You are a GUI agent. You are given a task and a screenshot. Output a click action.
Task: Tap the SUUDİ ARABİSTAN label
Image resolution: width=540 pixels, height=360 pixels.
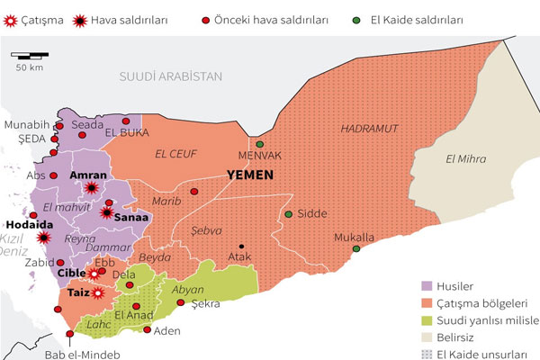(170, 76)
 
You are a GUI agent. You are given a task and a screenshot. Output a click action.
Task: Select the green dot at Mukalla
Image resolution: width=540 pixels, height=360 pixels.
(356, 248)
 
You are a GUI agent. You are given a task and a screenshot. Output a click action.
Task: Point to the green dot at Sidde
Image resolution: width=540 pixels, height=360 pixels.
(289, 214)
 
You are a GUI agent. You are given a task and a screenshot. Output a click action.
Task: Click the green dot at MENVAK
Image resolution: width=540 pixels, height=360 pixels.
(260, 144)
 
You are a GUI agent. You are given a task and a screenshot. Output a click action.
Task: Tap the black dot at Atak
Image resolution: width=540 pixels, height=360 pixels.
(240, 245)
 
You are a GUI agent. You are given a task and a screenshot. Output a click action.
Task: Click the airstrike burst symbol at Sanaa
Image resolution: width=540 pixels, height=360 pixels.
(107, 213)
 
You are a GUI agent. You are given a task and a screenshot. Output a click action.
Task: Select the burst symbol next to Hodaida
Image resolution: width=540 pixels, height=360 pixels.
(45, 238)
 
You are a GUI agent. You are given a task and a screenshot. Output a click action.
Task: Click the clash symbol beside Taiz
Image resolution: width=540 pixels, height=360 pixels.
(101, 292)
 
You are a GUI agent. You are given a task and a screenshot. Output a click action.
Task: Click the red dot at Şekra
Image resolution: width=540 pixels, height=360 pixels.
(181, 303)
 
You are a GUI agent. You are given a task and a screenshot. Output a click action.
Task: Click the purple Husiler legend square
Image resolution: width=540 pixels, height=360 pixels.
(428, 285)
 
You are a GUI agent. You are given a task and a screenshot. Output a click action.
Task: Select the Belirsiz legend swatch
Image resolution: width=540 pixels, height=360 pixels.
(428, 337)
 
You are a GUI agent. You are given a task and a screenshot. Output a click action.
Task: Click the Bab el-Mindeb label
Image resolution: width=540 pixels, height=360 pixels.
(80, 353)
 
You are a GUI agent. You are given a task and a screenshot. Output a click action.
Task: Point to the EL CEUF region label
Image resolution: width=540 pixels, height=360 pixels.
(175, 153)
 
